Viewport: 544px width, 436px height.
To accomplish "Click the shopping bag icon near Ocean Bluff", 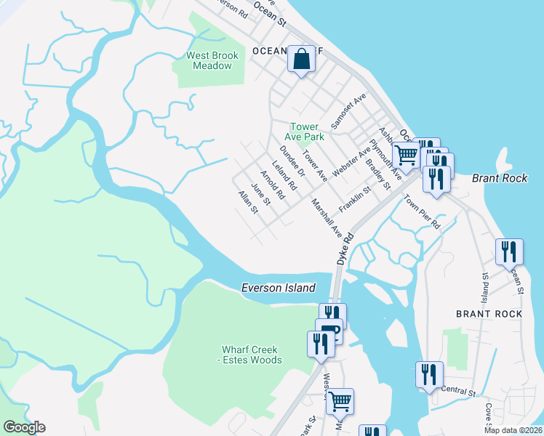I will click(x=301, y=59).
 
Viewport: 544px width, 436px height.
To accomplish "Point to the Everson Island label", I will click(x=279, y=288).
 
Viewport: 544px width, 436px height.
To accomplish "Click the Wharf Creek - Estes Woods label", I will click(x=251, y=355).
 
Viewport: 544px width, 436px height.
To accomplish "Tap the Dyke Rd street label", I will click(x=343, y=249).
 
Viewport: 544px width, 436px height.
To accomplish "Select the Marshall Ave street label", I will click(x=327, y=217).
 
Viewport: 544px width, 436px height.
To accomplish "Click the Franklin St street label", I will click(x=355, y=196).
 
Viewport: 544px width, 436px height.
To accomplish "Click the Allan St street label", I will click(x=248, y=203).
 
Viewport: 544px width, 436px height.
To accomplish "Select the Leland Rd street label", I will click(x=284, y=176).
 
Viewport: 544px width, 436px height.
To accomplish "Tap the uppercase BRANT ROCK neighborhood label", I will click(x=489, y=313).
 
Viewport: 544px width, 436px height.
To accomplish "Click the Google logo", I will click(x=24, y=427).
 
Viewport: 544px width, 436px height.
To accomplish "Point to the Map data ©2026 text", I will click(x=513, y=430).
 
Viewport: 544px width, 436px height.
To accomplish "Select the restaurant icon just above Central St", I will click(x=429, y=374).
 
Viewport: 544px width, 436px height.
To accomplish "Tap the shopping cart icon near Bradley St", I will click(x=405, y=153).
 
